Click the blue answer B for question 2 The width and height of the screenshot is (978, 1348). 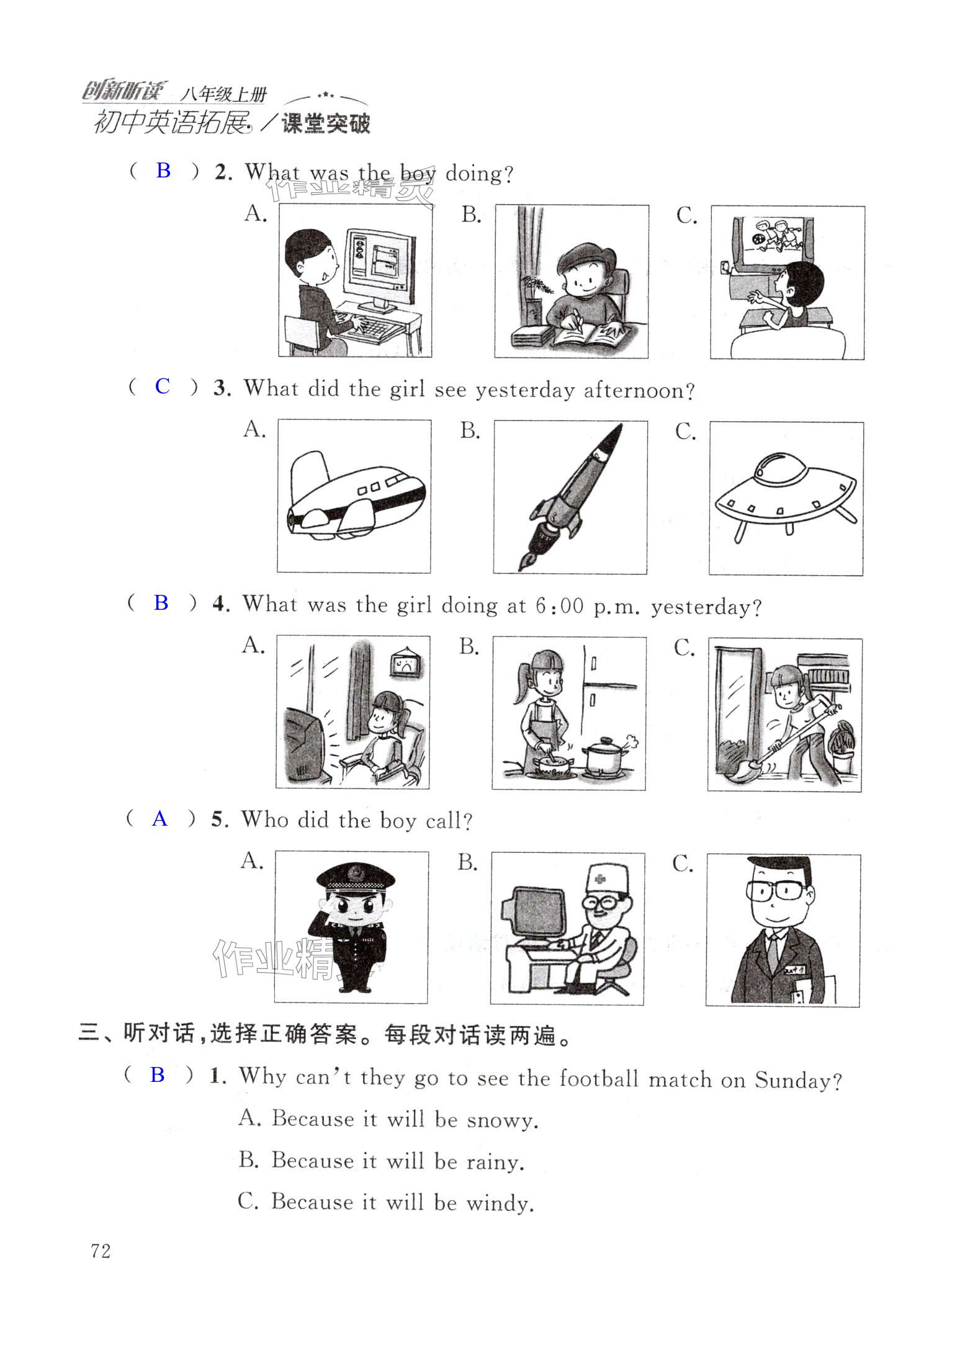tap(163, 170)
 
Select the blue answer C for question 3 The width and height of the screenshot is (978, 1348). tap(162, 386)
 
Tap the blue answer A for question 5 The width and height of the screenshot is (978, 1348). tap(159, 819)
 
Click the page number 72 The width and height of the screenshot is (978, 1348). tap(101, 1251)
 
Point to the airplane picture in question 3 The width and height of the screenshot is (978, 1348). tap(355, 496)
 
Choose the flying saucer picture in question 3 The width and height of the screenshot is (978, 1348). tap(786, 496)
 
